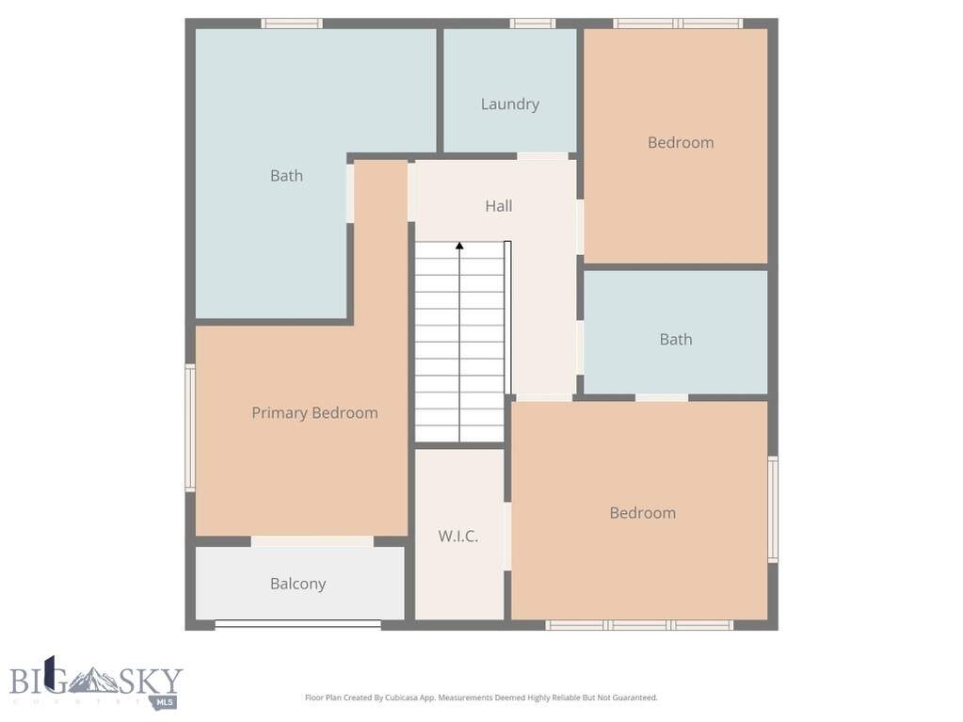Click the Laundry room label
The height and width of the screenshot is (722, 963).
pyautogui.click(x=510, y=104)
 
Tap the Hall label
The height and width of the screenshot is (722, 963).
pyautogui.click(x=499, y=205)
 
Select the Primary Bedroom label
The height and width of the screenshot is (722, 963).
pyautogui.click(x=314, y=412)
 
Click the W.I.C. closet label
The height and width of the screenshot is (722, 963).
pyautogui.click(x=458, y=536)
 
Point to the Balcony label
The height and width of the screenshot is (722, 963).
pyautogui.click(x=297, y=584)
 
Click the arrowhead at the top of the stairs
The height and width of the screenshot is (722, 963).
pyautogui.click(x=459, y=246)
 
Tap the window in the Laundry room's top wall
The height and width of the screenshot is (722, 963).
pyautogui.click(x=533, y=24)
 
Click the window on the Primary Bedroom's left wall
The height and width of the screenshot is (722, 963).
pyautogui.click(x=190, y=427)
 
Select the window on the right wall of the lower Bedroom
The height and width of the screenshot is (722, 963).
pyautogui.click(x=773, y=509)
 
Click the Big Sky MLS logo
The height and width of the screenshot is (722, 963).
pyautogui.click(x=96, y=682)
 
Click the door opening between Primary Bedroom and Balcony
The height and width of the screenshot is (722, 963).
pyautogui.click(x=313, y=541)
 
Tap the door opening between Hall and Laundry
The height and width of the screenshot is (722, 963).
pyautogui.click(x=542, y=156)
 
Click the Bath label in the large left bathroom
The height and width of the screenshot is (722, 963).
pyautogui.click(x=286, y=176)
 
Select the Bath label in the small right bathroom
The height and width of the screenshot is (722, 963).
pyautogui.click(x=676, y=340)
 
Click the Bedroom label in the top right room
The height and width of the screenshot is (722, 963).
pyautogui.click(x=681, y=142)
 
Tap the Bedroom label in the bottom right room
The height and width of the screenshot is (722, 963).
pyautogui.click(x=642, y=513)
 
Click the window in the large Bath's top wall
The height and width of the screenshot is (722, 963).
pyautogui.click(x=292, y=24)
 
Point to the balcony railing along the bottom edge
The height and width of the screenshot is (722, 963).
pyautogui.click(x=297, y=624)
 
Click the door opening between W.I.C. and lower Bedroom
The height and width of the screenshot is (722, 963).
pyautogui.click(x=507, y=536)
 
